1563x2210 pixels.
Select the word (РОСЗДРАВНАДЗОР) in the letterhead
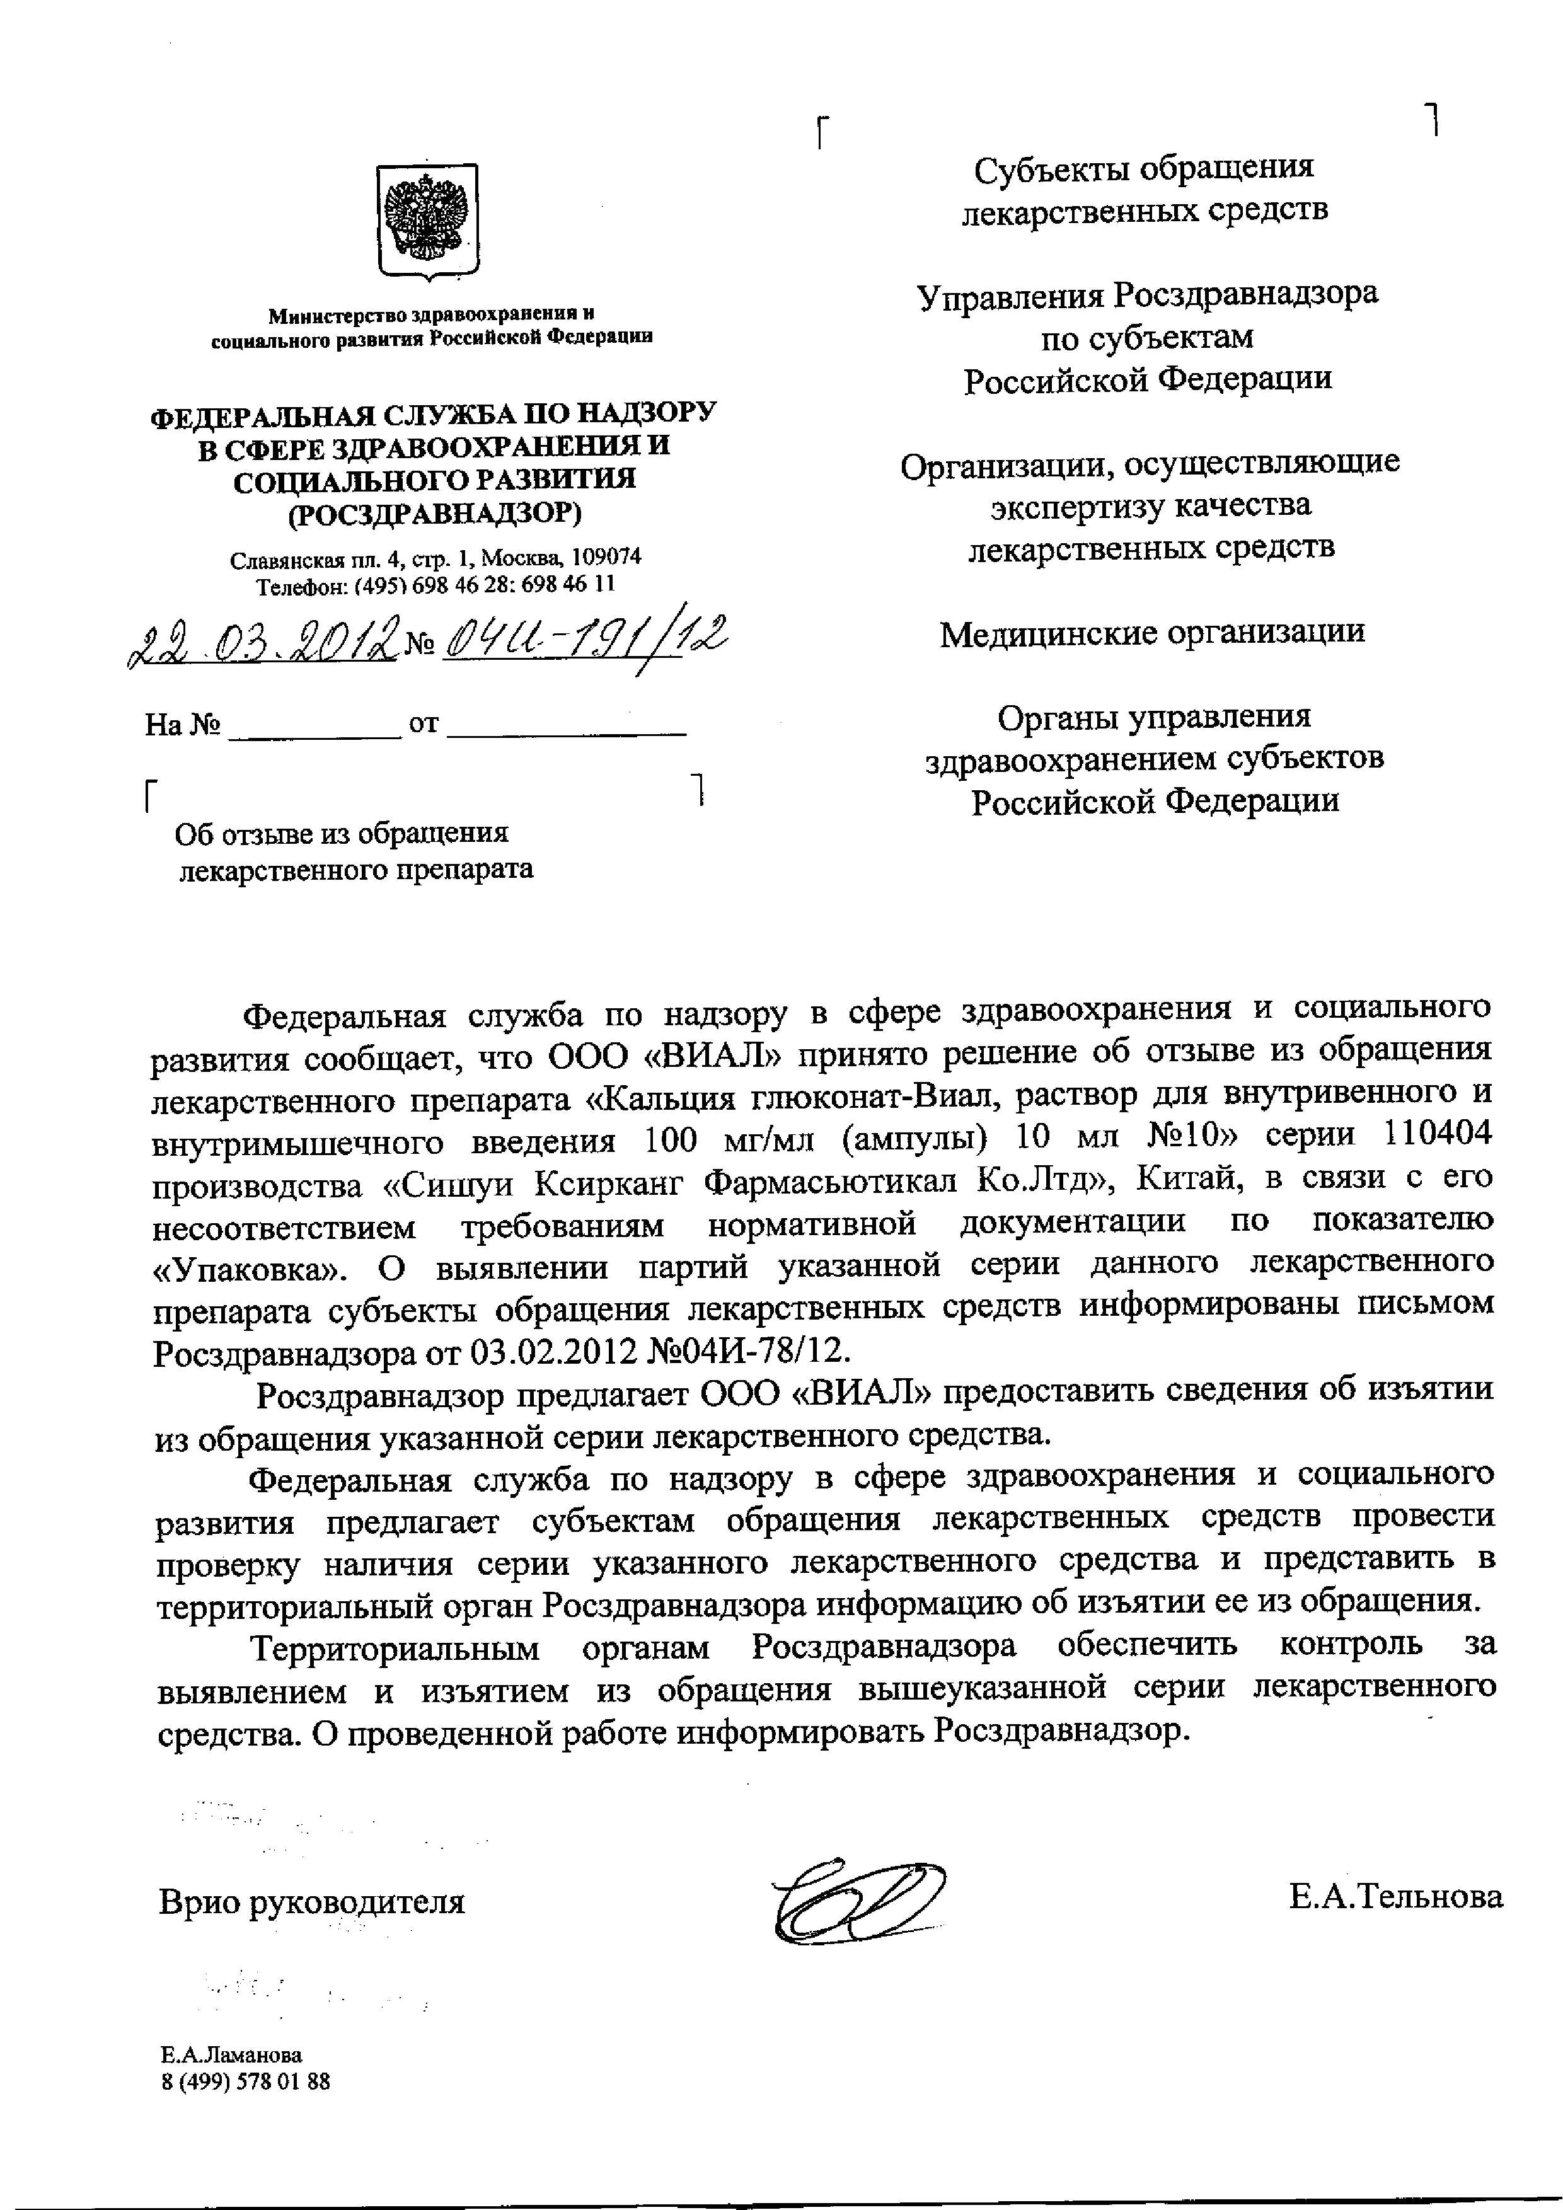436,514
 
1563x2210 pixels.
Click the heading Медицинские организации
1152,633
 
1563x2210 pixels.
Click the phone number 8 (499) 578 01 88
245,2081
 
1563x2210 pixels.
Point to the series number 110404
1436,1135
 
